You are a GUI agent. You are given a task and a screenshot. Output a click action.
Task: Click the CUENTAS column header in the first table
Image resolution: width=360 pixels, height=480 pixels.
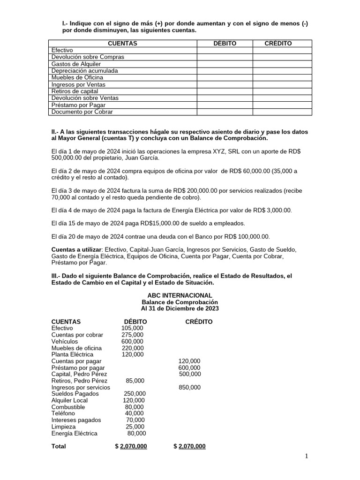click(122, 43)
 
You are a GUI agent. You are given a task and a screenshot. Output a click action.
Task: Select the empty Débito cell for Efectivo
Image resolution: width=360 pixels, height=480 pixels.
click(225, 50)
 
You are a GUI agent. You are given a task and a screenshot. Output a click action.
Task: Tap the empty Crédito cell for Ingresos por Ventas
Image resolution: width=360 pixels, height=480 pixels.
click(282, 84)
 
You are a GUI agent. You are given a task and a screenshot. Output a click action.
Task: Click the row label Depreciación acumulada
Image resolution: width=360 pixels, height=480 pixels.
click(84, 71)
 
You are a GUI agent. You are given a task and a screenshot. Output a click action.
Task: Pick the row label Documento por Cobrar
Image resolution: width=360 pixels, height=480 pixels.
click(82, 112)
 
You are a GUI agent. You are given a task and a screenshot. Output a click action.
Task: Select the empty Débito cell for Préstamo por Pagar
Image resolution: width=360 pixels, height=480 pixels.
click(225, 105)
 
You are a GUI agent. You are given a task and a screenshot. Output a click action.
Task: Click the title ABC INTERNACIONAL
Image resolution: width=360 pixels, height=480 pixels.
click(180, 295)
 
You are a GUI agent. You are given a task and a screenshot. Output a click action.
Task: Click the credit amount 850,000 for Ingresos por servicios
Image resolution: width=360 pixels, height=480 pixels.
click(189, 387)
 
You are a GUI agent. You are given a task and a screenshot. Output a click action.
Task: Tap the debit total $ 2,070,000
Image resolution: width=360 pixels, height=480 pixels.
click(131, 446)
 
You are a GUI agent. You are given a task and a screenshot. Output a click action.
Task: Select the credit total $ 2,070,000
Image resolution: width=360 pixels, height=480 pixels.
click(189, 446)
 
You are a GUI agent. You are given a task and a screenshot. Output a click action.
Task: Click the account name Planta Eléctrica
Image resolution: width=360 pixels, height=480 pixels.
click(74, 354)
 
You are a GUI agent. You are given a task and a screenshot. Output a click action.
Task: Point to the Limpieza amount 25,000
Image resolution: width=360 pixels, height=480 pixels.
click(135, 427)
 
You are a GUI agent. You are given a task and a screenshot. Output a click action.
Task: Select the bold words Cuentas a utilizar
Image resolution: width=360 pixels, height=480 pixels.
click(76, 249)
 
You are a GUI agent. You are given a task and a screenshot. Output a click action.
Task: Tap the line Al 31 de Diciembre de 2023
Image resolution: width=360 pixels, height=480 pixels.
click(180, 309)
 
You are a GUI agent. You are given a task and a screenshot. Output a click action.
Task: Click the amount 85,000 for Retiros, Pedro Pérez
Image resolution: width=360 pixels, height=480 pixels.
click(135, 381)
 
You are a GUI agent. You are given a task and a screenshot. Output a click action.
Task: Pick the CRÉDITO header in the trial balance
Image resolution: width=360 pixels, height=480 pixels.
click(198, 322)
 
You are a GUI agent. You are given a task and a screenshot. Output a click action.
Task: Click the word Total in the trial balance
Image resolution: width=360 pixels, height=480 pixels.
click(59, 446)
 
